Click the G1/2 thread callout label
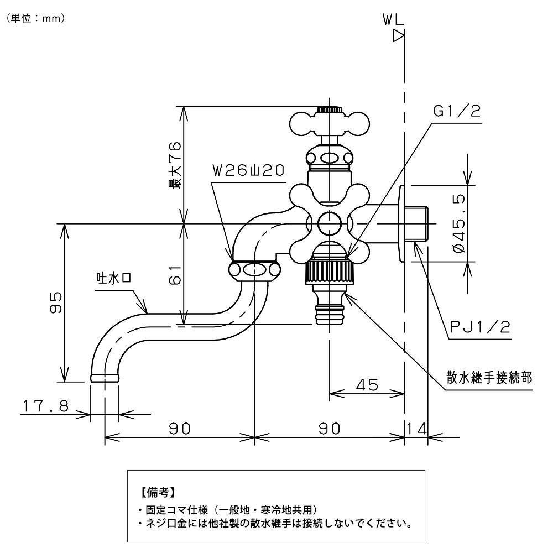tap(456, 112)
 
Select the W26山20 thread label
tap(248, 171)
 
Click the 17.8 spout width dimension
tap(45, 406)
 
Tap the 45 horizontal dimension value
tap(366, 384)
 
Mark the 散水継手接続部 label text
tap(489, 378)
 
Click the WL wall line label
tap(393, 20)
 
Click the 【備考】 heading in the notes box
tap(158, 491)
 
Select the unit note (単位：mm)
tap(36, 19)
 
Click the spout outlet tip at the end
tap(104, 378)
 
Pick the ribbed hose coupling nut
tap(329, 272)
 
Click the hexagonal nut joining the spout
tap(253, 270)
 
